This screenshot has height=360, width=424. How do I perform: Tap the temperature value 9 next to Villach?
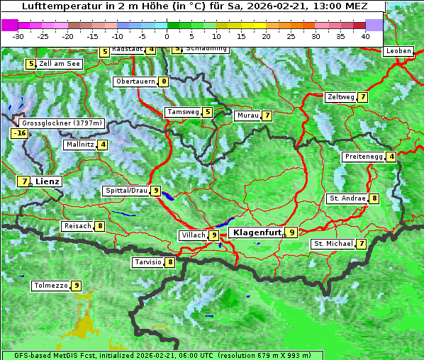click(214, 235)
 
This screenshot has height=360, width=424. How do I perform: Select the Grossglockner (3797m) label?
click(62, 123)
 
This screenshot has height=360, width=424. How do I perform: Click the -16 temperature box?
click(19, 133)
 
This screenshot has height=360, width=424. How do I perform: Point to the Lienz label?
click(48, 181)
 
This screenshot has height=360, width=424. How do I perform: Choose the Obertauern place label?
click(135, 81)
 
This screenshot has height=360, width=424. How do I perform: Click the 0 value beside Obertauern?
click(164, 81)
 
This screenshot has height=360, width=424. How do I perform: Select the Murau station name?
click(247, 116)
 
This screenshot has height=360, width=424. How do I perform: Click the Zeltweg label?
click(340, 97)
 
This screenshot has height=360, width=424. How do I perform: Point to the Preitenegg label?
click(364, 157)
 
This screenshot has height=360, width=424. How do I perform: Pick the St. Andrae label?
click(347, 198)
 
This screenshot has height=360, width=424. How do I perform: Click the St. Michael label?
click(333, 244)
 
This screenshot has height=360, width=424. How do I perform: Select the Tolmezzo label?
click(51, 286)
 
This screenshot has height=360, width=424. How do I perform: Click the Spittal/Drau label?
click(125, 191)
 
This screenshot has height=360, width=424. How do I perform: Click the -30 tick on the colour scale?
click(18, 35)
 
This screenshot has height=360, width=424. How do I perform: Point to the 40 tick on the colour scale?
click(365, 35)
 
